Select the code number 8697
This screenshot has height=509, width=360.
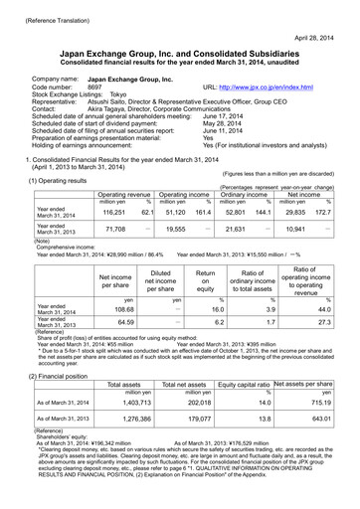[96, 87]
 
